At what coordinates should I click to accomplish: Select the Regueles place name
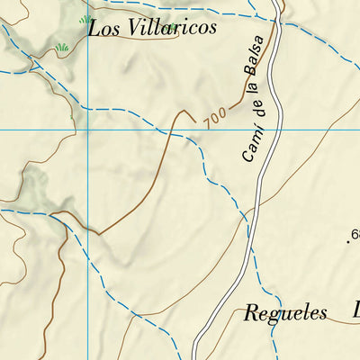(285, 314)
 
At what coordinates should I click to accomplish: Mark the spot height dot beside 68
(347, 239)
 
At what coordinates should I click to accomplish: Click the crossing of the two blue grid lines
(87, 130)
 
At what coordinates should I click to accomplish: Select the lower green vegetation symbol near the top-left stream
(62, 47)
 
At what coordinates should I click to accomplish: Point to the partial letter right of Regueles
(355, 312)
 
